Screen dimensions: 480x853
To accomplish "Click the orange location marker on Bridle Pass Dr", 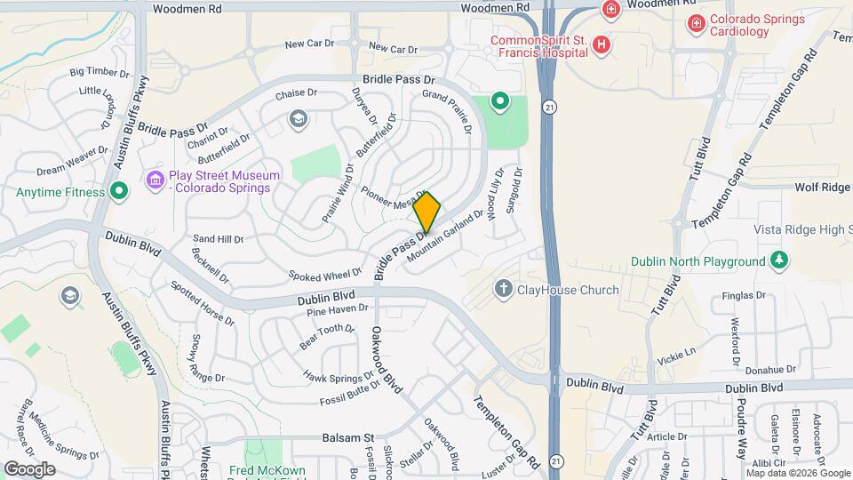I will (427, 212).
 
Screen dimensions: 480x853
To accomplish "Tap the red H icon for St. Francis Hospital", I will (602, 44).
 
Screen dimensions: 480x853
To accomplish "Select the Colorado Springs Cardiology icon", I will (697, 22).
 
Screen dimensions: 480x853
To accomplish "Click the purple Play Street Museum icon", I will (155, 181).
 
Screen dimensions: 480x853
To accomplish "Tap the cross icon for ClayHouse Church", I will (503, 289).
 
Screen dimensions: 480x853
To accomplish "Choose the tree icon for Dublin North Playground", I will (778, 260).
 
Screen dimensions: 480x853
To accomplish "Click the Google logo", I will (29, 468).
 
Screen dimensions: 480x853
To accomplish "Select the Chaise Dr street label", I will (296, 93).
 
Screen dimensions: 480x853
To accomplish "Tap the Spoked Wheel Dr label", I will (325, 274).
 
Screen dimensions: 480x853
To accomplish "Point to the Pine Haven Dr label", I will (337, 309).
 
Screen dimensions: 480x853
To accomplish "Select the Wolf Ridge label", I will (823, 188).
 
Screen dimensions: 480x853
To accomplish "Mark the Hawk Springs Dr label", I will (339, 377).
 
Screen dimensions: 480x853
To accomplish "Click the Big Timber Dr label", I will (100, 71).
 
